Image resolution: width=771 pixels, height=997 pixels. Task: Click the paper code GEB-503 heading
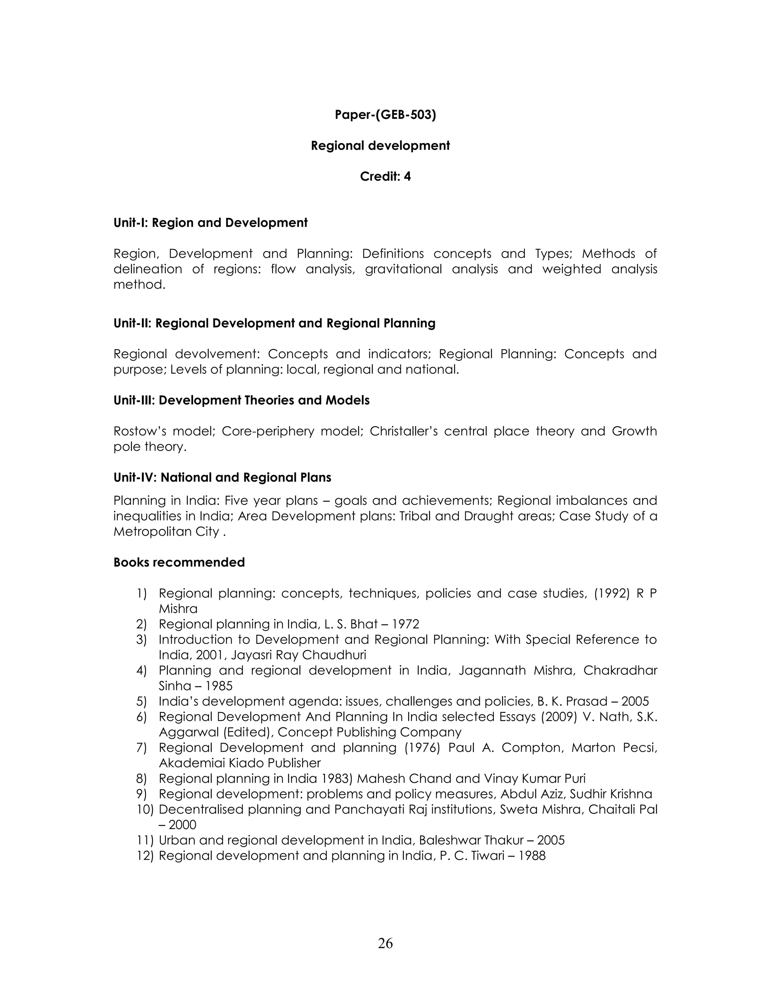[385, 115]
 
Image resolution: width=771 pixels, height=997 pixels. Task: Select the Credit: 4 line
[385, 177]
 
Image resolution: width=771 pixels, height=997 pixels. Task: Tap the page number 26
[385, 943]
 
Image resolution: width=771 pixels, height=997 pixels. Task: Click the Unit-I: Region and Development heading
[210, 223]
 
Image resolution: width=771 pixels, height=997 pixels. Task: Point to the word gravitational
[403, 269]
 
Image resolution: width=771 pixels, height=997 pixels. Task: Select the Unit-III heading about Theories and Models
[241, 400]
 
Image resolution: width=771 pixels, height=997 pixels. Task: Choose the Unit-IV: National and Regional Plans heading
[222, 477]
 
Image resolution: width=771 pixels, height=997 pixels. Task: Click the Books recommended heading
[179, 562]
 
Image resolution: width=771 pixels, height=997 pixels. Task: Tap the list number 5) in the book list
[142, 702]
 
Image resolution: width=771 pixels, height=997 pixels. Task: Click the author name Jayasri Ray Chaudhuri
[298, 655]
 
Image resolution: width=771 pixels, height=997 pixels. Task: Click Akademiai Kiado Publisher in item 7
[239, 763]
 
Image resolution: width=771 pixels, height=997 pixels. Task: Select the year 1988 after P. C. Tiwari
[532, 856]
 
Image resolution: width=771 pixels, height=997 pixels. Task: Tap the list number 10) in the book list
[146, 809]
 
